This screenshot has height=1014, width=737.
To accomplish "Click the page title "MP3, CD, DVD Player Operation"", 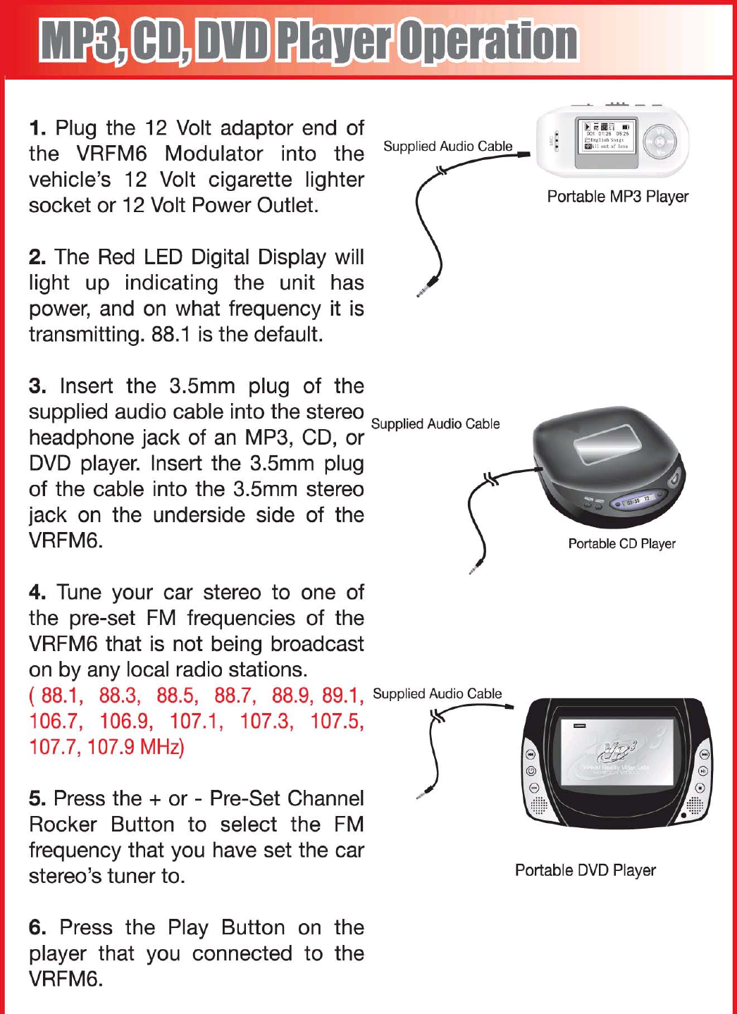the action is [309, 41].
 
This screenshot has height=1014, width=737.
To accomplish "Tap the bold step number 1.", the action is [37, 128].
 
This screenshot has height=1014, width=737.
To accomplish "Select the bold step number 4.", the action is [37, 593].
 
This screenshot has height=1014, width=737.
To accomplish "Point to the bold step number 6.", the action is [37, 928].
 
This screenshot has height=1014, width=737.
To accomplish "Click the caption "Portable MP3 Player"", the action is [617, 197].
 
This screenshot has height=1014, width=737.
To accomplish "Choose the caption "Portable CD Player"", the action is [621, 543].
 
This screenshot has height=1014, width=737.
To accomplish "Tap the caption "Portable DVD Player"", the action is [585, 870].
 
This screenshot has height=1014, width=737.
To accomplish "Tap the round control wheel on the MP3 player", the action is [660, 141].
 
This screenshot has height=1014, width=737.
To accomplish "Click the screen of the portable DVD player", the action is [615, 753].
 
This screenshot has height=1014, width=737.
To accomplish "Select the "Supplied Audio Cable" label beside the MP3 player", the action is [447, 147].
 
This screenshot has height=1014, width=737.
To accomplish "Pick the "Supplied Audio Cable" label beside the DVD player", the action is [437, 694].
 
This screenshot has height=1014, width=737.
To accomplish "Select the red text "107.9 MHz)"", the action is [135, 747].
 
